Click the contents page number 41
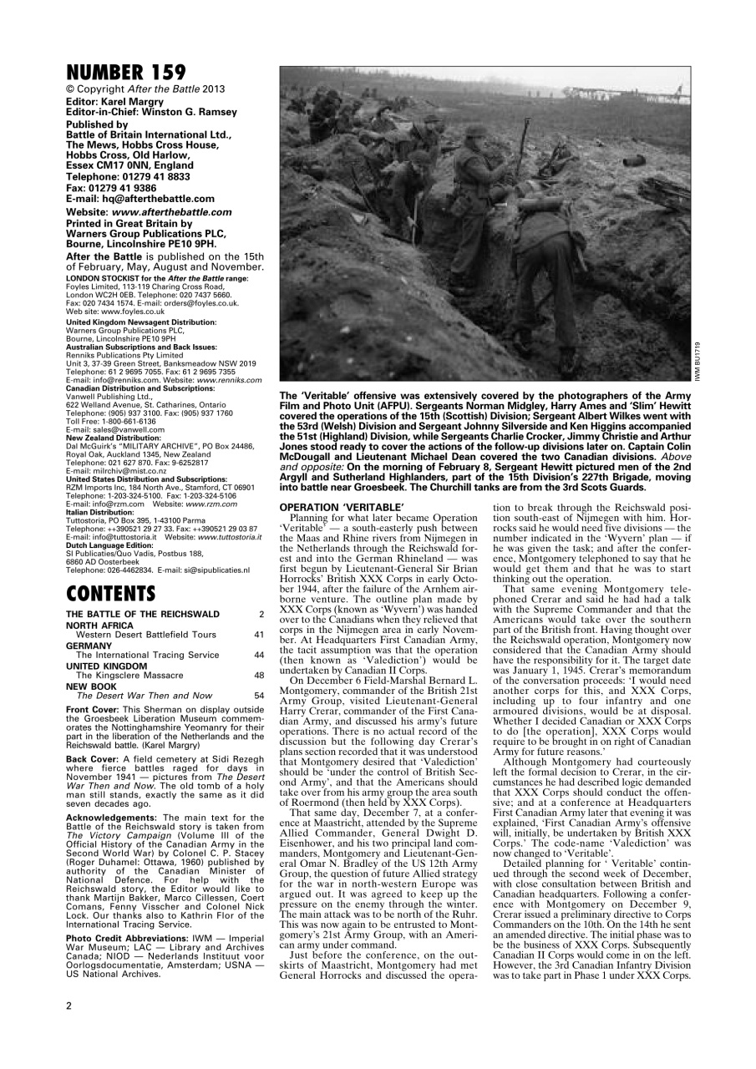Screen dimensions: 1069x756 [x=259, y=634]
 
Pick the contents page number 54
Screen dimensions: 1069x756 [x=259, y=695]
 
